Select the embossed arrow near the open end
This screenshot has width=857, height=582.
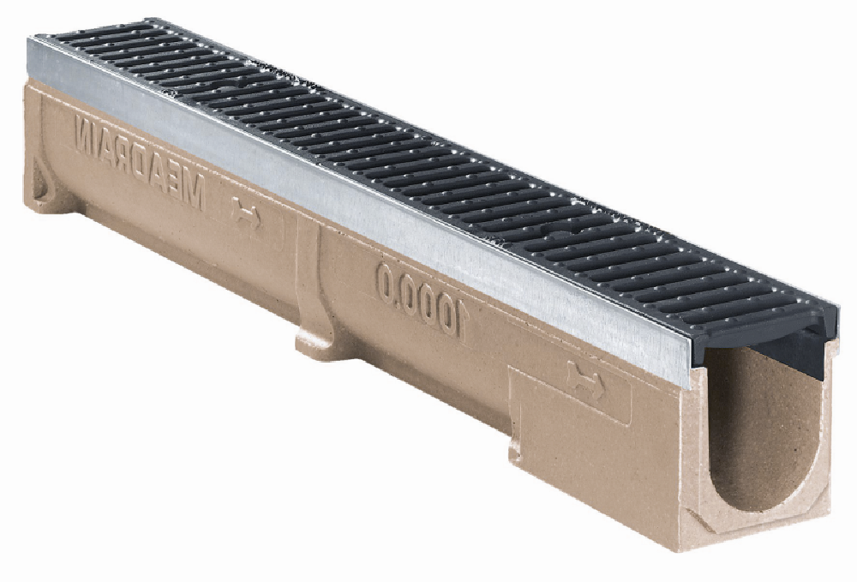(x=584, y=380)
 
